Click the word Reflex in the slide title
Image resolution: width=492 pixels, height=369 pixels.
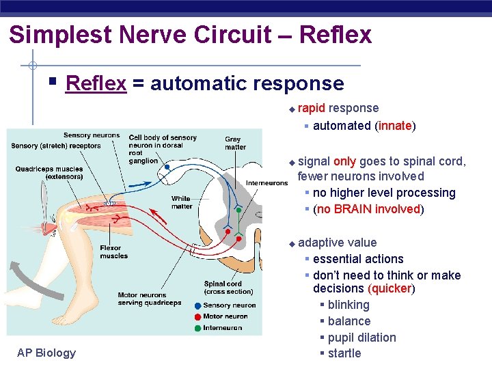[336, 34]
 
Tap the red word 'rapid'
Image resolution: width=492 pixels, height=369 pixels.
[312, 108]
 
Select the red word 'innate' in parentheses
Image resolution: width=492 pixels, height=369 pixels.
[394, 126]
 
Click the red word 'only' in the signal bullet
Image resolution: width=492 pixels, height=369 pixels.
[344, 161]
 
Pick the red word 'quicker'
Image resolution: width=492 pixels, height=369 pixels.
[391, 288]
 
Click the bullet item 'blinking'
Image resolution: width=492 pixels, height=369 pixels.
[348, 305]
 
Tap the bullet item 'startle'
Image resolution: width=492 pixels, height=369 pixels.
[344, 353]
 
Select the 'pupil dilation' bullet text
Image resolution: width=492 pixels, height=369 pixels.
[361, 338]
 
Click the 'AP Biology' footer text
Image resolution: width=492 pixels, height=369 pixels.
[46, 353]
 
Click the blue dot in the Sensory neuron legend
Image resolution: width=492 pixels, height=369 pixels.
[197, 305]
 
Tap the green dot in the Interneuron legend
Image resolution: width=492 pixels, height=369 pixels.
[197, 328]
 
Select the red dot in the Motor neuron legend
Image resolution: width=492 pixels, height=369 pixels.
[197, 316]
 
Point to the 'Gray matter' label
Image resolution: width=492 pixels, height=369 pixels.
[235, 143]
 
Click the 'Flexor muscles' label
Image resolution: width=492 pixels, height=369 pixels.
[113, 251]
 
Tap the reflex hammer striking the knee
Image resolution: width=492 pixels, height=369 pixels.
[45, 205]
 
